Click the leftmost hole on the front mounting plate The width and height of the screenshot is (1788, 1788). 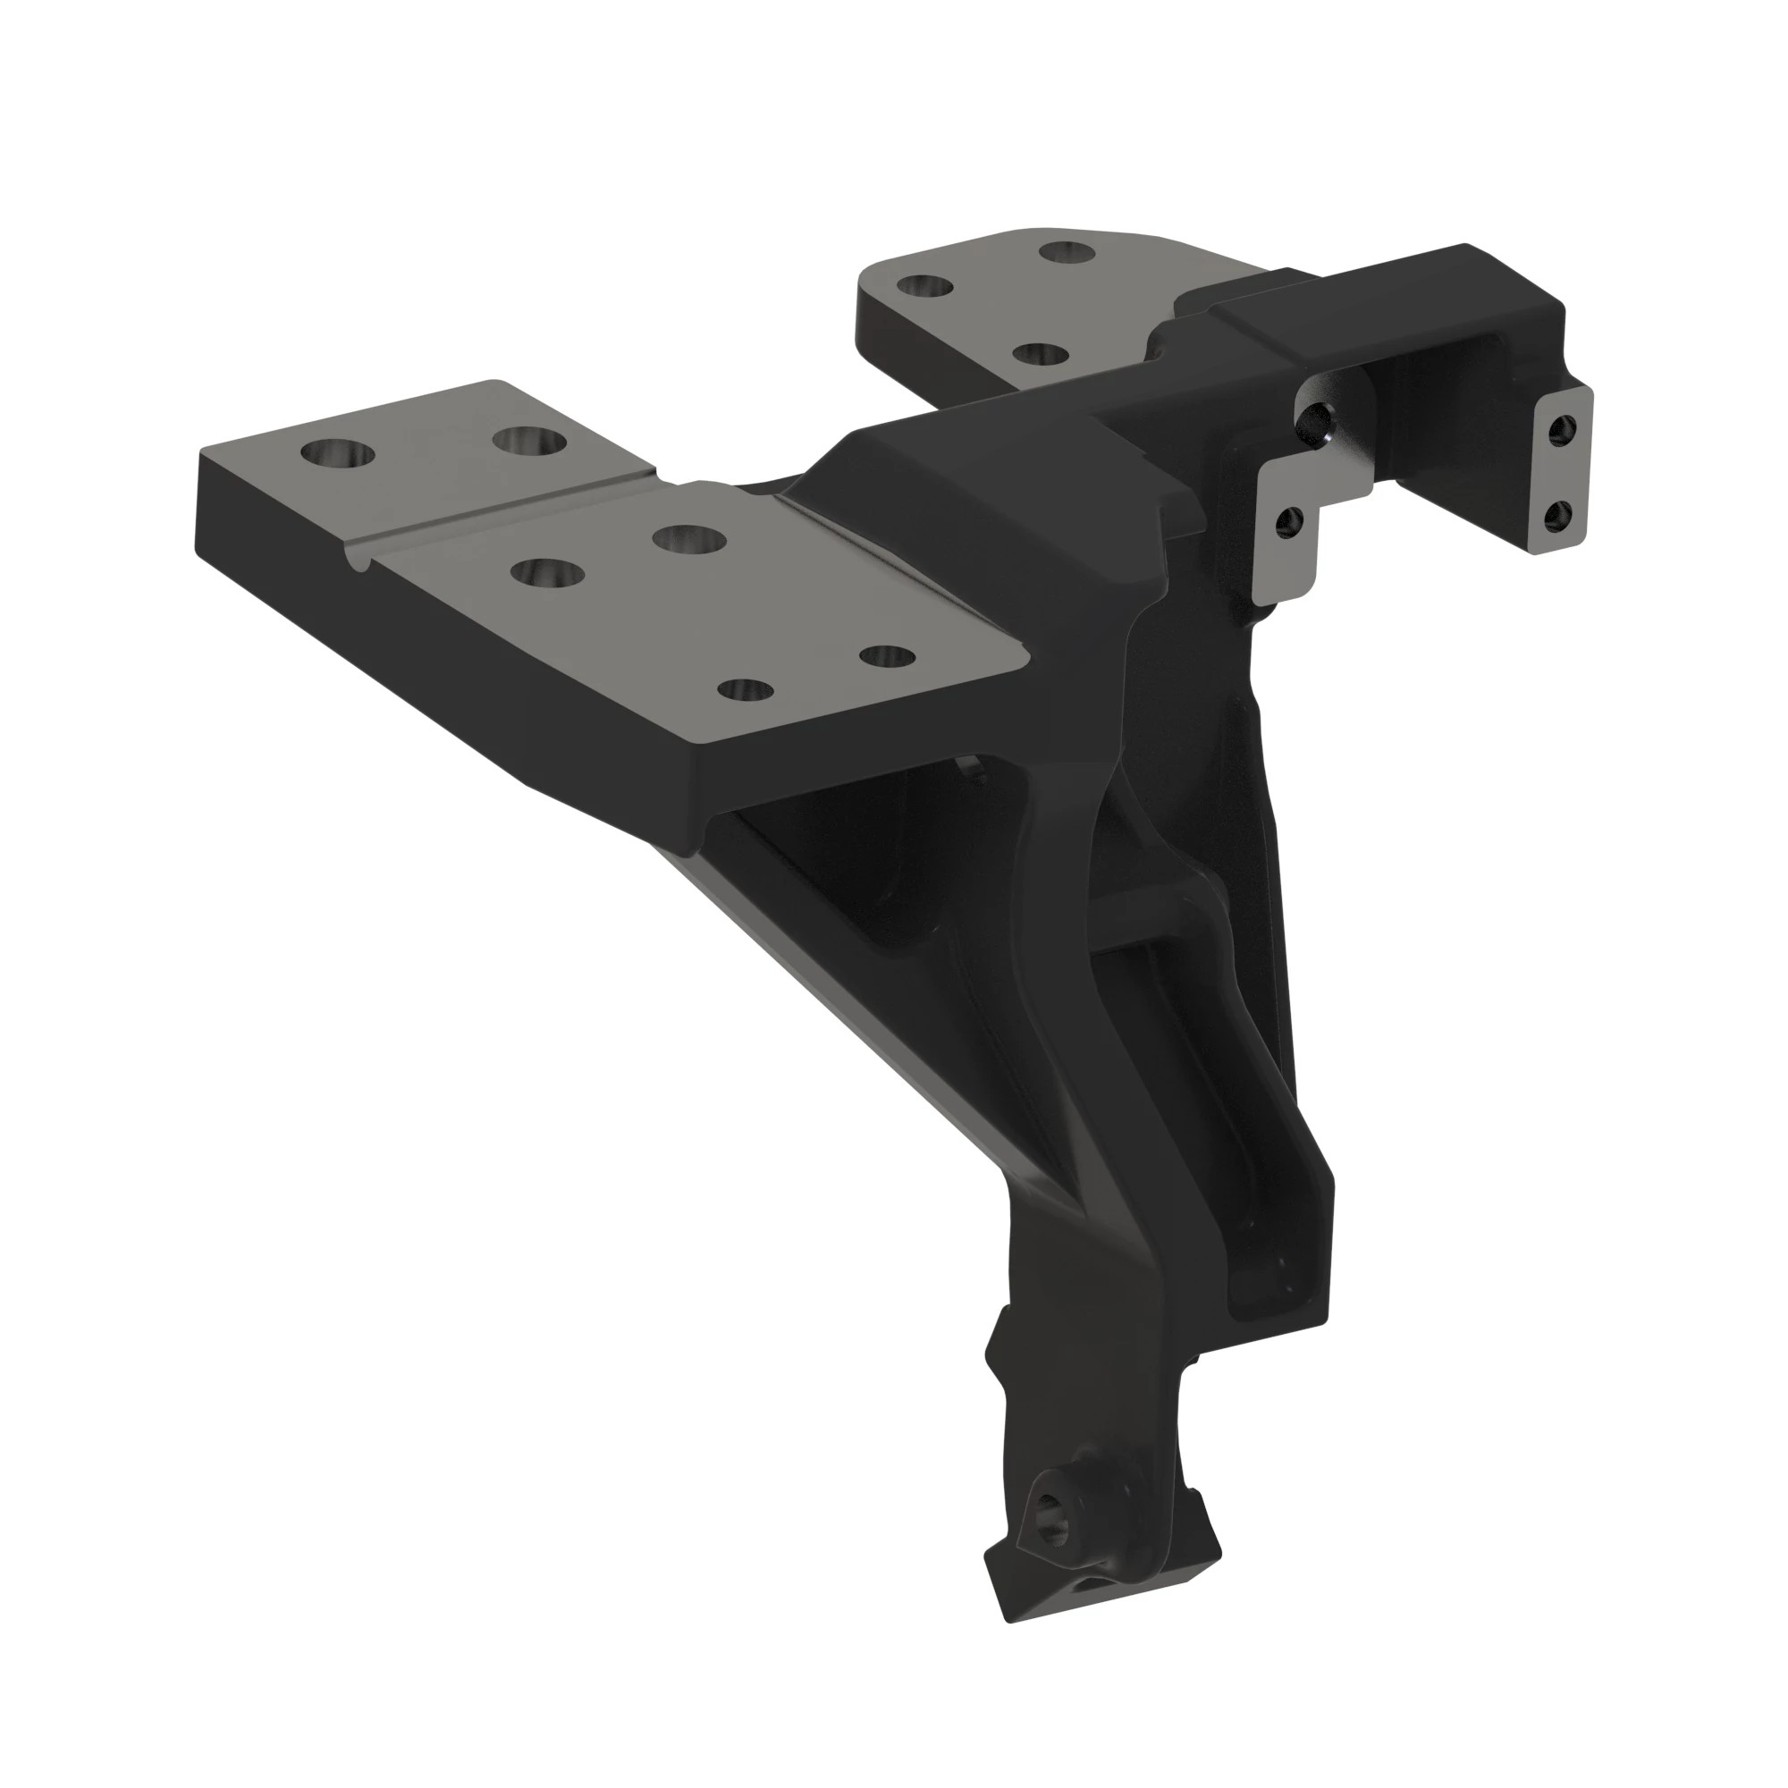(339, 454)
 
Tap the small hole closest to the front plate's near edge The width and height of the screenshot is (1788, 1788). (746, 690)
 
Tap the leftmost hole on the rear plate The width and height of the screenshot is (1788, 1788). (924, 286)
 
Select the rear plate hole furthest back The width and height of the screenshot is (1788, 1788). (1066, 251)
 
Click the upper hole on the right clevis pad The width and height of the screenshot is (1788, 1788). (1564, 428)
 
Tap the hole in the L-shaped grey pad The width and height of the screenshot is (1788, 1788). (1287, 524)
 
